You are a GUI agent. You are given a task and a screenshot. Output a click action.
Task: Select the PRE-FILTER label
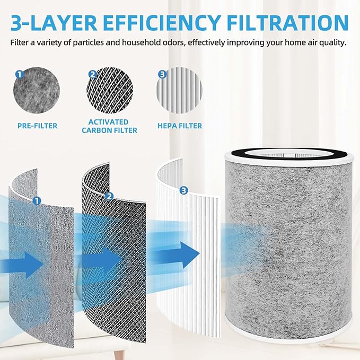37,126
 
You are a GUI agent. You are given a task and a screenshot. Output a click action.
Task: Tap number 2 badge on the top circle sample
92,75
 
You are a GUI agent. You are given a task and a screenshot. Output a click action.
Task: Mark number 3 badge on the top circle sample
162,75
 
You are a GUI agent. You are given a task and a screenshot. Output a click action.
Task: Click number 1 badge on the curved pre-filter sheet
37,200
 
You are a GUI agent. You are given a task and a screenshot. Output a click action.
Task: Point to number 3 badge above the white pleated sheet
184,190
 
